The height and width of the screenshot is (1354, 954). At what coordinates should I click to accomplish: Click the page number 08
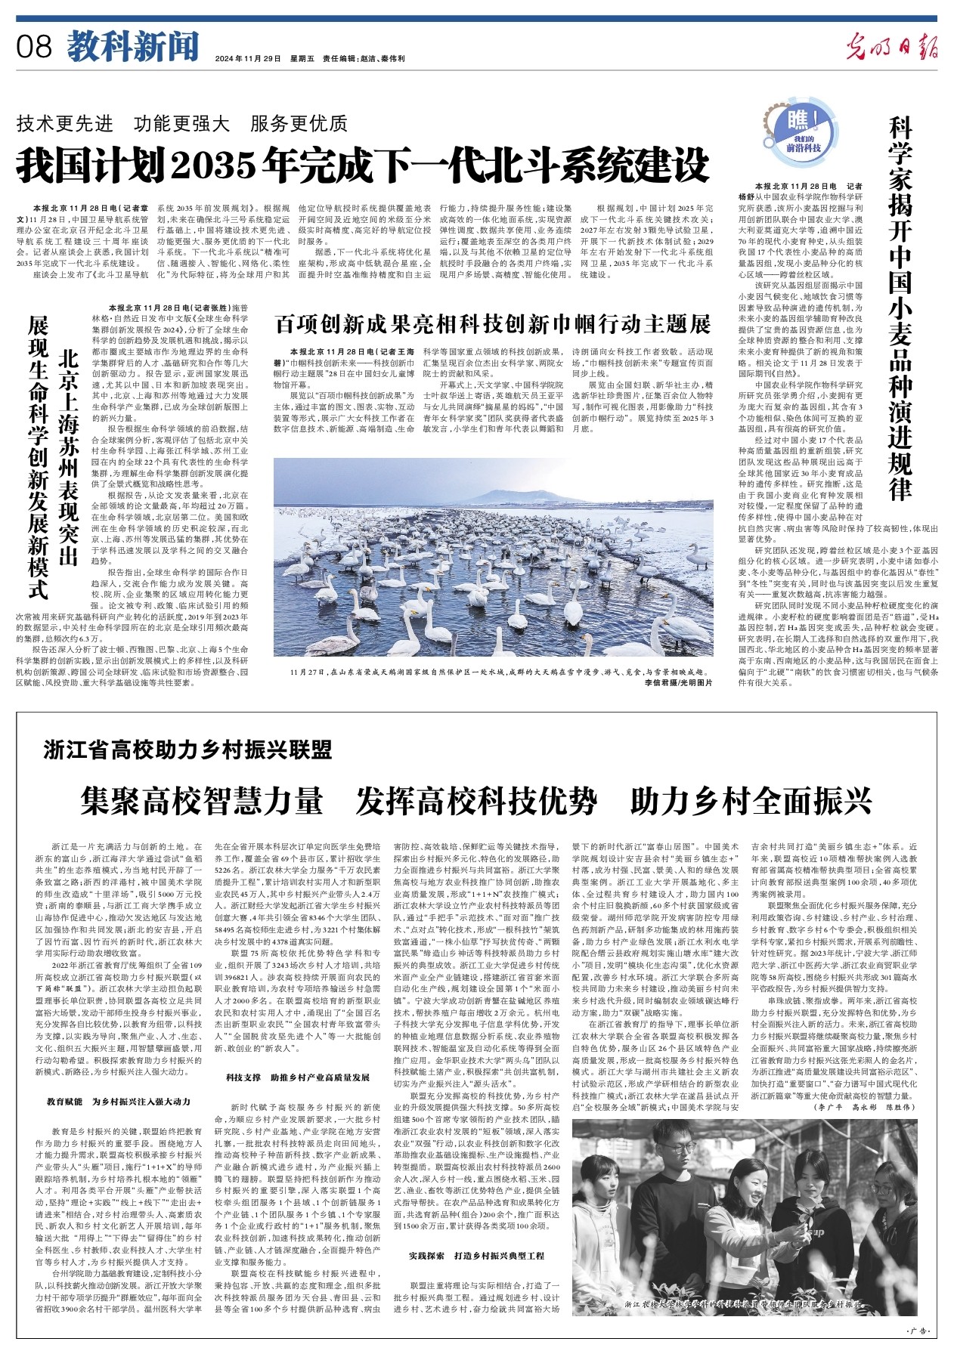35,47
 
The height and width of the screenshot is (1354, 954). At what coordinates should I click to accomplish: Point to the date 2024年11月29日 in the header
247,58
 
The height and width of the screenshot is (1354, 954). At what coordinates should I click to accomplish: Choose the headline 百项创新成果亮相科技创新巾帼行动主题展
492,324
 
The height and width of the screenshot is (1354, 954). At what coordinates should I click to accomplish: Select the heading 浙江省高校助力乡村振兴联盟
187,750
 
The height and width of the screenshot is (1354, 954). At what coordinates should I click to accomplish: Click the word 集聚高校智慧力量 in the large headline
202,801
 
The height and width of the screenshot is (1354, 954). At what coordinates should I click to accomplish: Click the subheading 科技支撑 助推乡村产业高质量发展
298,1077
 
